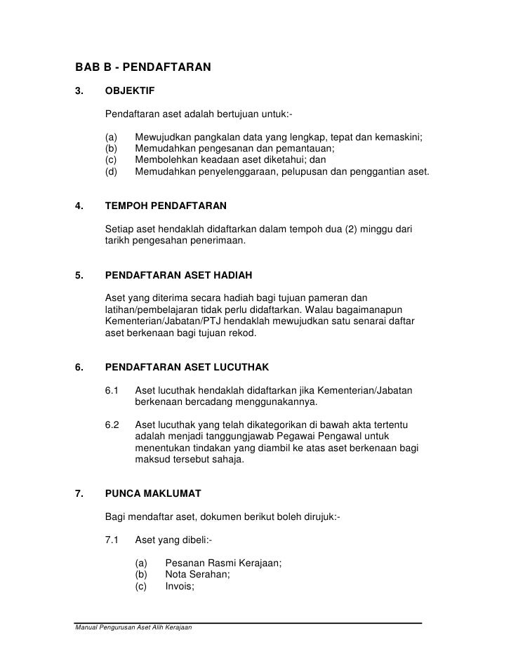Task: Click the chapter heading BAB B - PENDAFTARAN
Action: (x=143, y=68)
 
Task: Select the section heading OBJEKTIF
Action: (x=130, y=91)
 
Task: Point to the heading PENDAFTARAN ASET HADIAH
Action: (x=178, y=274)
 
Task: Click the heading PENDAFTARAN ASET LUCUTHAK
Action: (x=187, y=366)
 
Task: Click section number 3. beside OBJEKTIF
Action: (x=79, y=91)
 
